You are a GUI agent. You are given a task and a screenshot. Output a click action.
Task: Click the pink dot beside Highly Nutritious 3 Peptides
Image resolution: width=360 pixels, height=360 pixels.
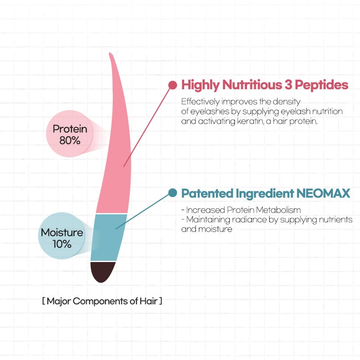click(172, 85)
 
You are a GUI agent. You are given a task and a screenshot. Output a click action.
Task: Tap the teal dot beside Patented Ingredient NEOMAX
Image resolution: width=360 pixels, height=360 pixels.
click(172, 193)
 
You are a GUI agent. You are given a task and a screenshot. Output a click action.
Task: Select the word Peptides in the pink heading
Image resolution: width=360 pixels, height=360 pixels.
click(321, 85)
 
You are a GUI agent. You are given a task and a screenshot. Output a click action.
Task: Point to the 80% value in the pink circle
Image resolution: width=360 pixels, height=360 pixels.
click(70, 140)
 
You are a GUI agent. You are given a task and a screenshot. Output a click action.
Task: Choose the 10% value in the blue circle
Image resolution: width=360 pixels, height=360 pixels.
click(62, 244)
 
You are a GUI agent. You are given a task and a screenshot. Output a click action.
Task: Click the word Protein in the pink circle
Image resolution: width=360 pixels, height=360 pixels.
click(70, 129)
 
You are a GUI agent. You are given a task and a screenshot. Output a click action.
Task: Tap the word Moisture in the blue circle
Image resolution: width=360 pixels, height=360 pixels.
click(62, 233)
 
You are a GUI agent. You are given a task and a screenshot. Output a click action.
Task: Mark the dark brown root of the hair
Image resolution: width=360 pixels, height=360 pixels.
click(103, 271)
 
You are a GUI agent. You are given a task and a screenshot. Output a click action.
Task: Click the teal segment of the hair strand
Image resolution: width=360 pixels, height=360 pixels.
click(108, 237)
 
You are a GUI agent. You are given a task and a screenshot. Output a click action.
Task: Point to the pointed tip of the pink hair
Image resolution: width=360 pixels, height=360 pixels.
click(110, 53)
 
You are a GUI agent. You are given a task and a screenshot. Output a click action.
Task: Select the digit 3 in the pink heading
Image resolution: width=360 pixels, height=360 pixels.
click(288, 85)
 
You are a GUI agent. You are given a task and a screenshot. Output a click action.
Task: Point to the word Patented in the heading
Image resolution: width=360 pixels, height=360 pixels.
click(207, 193)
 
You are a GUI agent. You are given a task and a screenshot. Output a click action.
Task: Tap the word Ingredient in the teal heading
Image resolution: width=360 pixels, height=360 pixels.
click(265, 193)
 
